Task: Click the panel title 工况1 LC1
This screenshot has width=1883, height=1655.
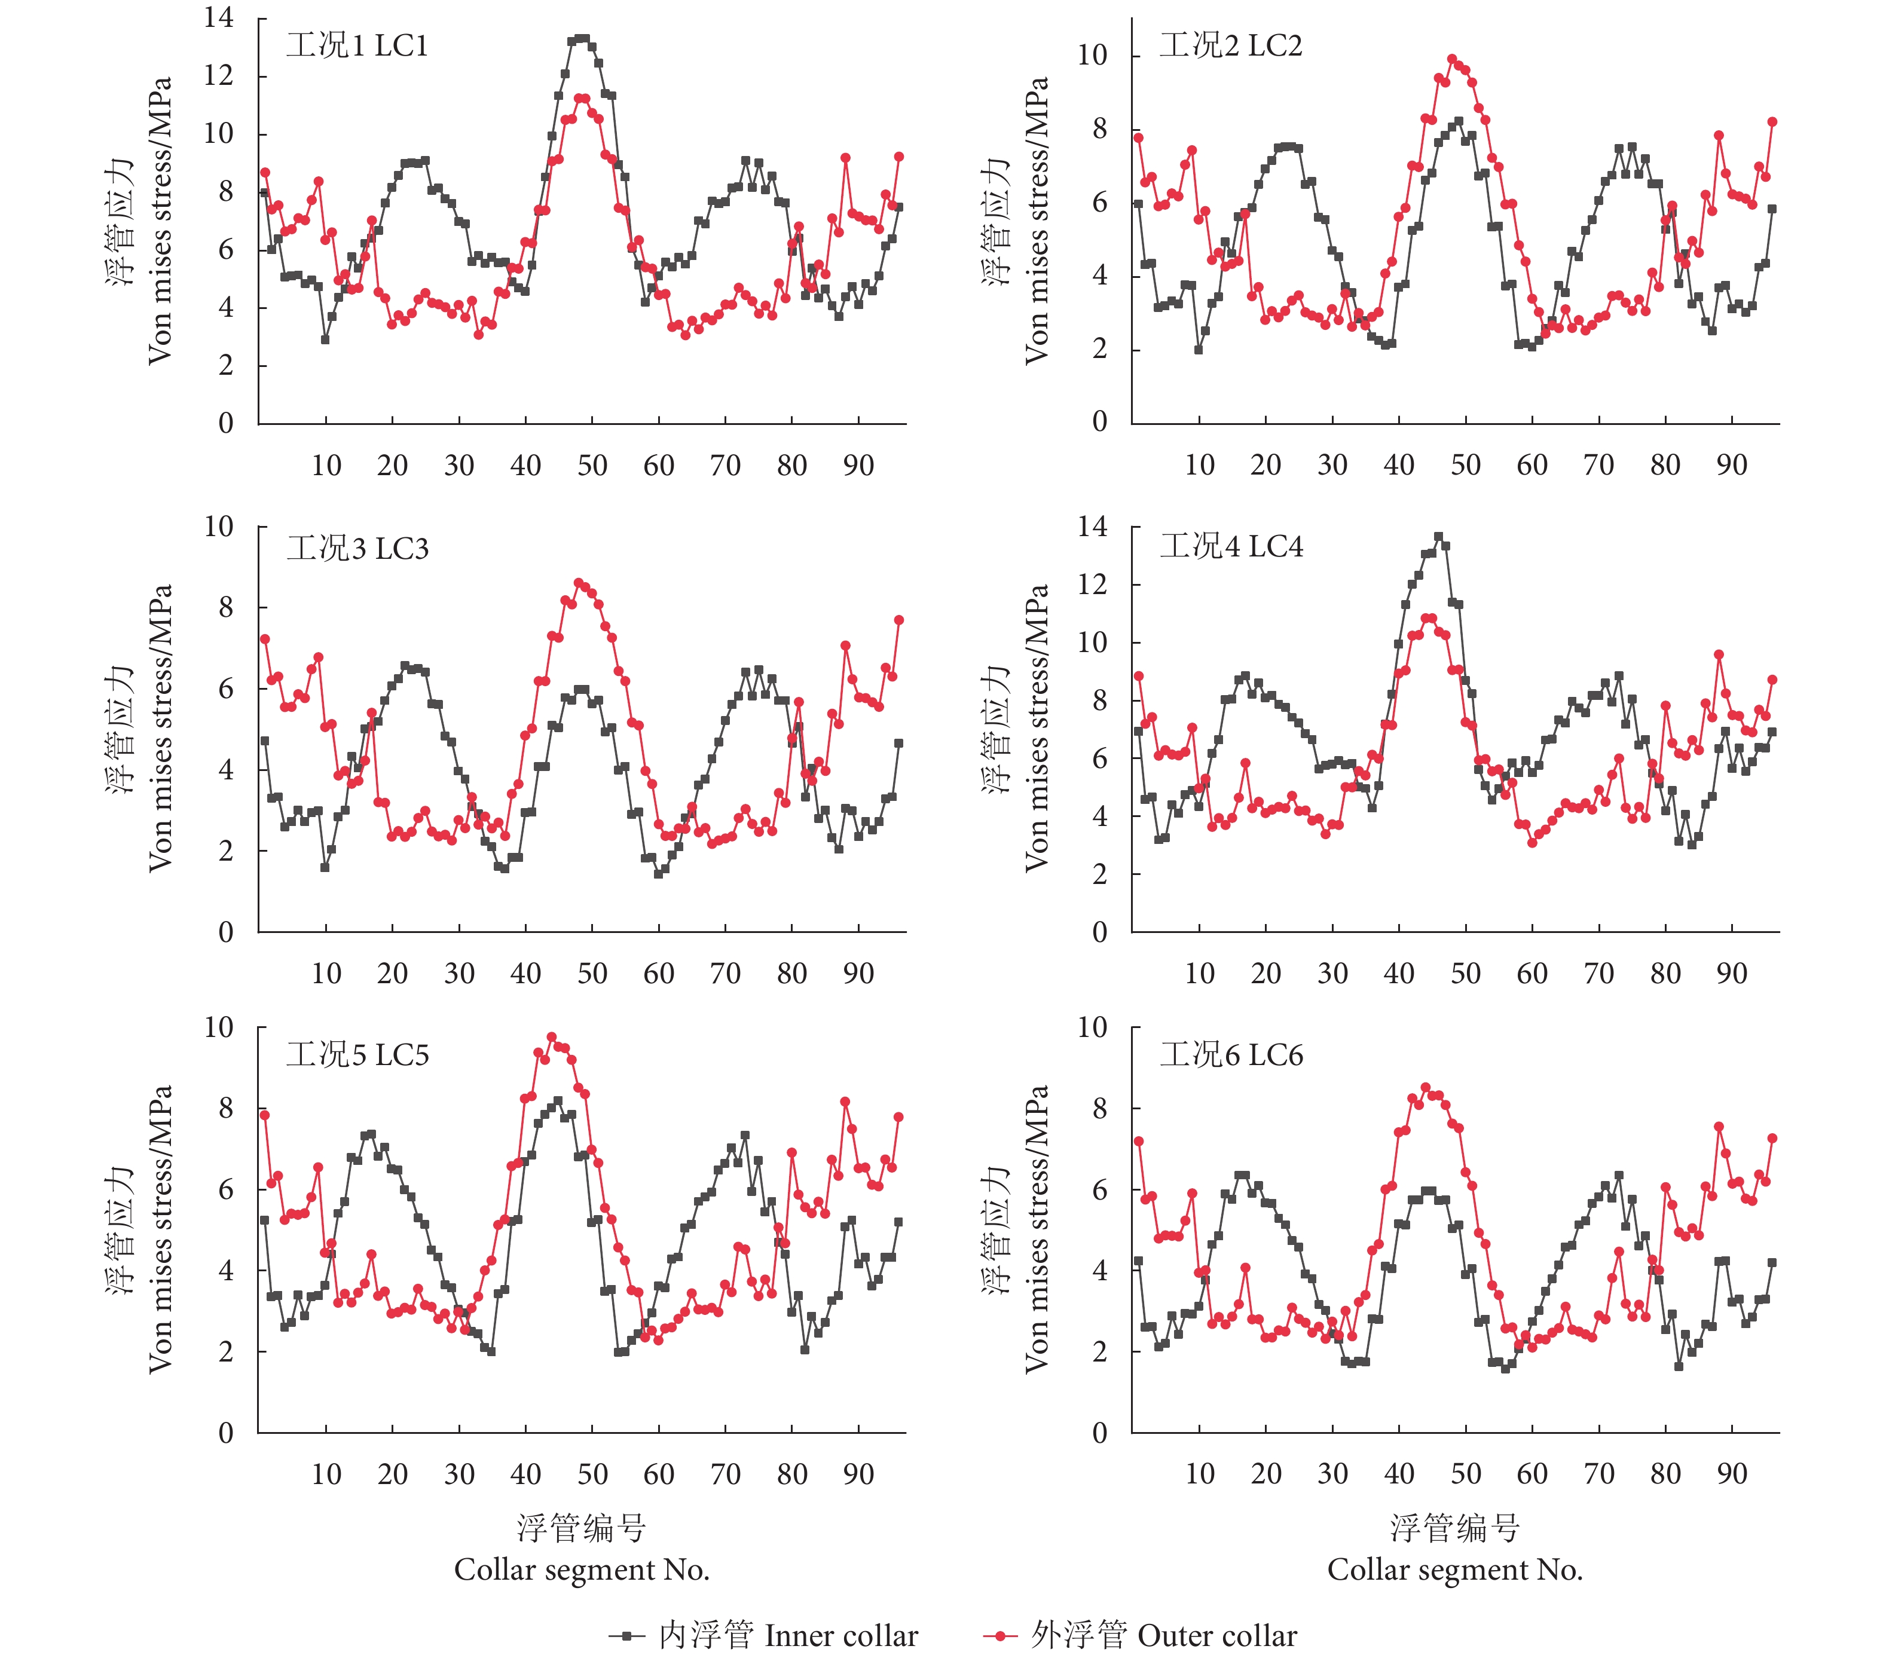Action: click(357, 46)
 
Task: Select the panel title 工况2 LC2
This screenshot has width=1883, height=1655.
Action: click(1231, 46)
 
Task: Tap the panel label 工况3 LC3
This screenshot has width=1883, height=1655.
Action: click(357, 549)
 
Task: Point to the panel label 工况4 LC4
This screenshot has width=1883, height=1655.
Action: click(1231, 547)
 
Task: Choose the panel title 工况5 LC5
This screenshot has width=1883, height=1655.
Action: click(357, 1054)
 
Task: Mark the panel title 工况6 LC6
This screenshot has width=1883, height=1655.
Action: click(1231, 1054)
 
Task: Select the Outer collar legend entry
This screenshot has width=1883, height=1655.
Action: click(1141, 1636)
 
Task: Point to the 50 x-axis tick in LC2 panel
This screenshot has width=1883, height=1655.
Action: click(1465, 465)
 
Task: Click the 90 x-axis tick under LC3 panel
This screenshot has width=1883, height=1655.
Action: click(858, 974)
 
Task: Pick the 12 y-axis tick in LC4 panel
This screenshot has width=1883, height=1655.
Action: click(1093, 584)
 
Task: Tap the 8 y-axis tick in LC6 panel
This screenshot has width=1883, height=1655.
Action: click(1099, 1108)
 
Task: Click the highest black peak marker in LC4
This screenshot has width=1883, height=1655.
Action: click(1439, 537)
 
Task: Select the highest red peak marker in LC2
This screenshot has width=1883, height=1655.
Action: click(1452, 59)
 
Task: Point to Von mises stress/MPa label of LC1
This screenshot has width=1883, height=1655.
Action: click(160, 221)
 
